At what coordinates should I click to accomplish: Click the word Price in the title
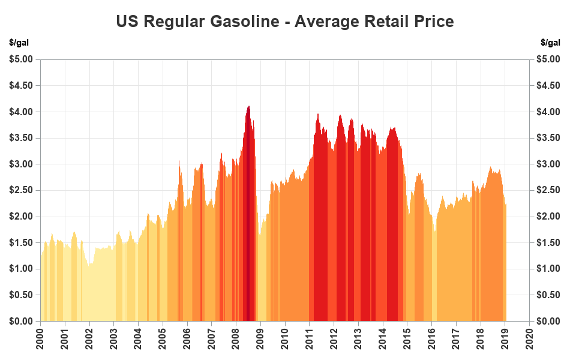point(434,22)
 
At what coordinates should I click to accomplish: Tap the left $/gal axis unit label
point(19,43)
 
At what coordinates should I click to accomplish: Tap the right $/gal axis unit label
point(550,43)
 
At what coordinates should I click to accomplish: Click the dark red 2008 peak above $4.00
point(248,107)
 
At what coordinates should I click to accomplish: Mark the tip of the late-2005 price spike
point(179,161)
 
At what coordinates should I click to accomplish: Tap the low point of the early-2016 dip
point(434,231)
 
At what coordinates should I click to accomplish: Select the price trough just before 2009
point(260,234)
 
